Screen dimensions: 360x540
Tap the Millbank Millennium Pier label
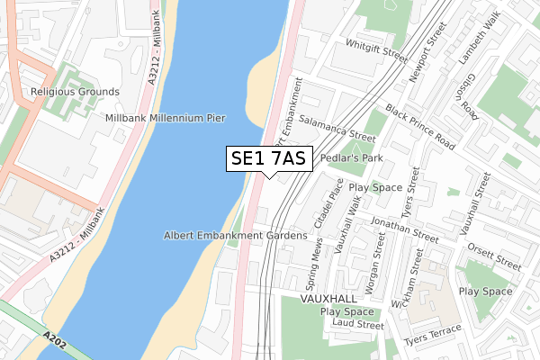click(x=165, y=118)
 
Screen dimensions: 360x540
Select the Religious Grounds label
click(x=75, y=92)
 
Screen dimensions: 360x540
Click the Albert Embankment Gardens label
click(x=236, y=236)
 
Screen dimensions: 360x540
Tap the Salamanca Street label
click(x=337, y=129)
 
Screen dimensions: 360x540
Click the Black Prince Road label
click(x=421, y=126)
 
